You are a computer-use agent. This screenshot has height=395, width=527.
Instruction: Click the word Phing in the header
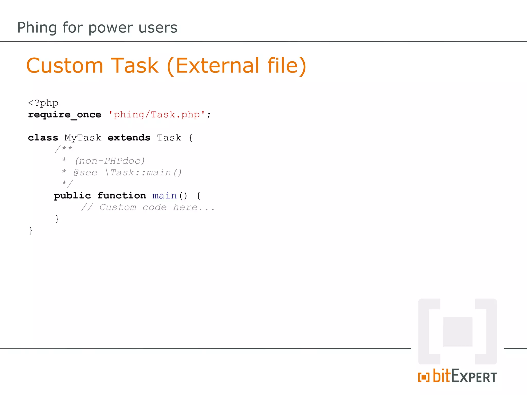(x=37, y=28)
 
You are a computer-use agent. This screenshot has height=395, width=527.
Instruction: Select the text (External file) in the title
(x=236, y=66)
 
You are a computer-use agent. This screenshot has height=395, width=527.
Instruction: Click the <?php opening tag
(x=43, y=103)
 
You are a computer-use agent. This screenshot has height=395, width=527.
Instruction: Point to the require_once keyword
(x=65, y=115)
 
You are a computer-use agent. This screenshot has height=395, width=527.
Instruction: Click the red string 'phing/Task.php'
(x=157, y=115)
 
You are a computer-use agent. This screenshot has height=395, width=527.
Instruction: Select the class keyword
(x=43, y=138)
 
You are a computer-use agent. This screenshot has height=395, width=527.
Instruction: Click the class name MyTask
(x=83, y=138)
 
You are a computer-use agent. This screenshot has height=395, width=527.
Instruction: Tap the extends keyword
(x=129, y=138)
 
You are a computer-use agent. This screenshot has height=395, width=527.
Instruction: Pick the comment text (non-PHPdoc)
(x=110, y=161)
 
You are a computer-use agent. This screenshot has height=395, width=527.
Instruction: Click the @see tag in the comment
(x=85, y=173)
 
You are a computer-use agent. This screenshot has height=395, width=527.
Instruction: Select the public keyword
(x=72, y=196)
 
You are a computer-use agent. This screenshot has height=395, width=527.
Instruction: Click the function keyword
(x=122, y=196)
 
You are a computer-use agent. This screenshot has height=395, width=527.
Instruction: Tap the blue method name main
(x=164, y=196)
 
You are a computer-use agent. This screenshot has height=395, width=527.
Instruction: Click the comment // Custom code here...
(x=148, y=207)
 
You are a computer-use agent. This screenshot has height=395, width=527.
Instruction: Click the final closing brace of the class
(x=31, y=230)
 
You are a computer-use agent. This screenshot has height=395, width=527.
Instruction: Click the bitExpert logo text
(x=464, y=376)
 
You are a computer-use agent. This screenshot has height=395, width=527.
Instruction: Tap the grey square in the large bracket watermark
(x=458, y=331)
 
